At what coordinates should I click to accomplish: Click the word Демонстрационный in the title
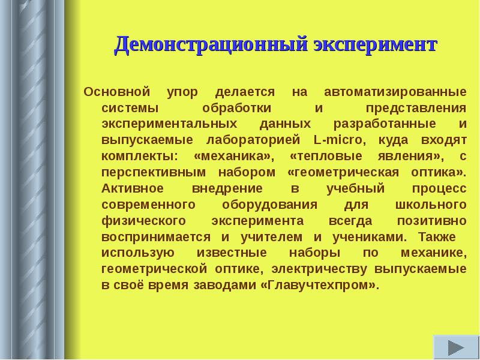[x=211, y=45]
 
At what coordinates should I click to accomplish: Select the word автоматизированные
[x=395, y=93]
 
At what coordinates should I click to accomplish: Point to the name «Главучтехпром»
[x=320, y=284]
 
